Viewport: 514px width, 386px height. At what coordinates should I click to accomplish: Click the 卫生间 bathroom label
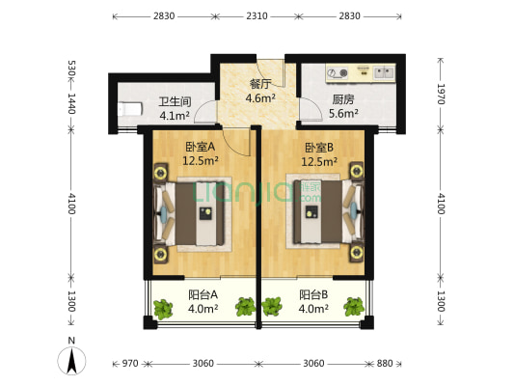pyautogui.click(x=175, y=101)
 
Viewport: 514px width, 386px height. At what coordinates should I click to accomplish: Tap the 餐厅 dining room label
pyautogui.click(x=260, y=84)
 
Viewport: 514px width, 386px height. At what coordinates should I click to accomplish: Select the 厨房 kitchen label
pyautogui.click(x=343, y=99)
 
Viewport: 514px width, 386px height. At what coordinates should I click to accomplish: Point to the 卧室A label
pyautogui.click(x=201, y=147)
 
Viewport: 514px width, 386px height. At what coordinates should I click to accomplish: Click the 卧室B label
pyautogui.click(x=319, y=148)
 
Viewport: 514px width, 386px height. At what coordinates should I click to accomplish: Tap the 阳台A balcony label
pyautogui.click(x=203, y=295)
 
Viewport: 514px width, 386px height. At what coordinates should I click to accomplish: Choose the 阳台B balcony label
pyautogui.click(x=313, y=295)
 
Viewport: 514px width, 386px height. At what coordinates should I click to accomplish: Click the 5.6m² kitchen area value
pyautogui.click(x=343, y=114)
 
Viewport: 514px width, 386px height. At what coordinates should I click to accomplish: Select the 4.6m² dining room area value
pyautogui.click(x=260, y=97)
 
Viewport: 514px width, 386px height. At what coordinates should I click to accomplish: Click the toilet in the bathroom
pyautogui.click(x=130, y=109)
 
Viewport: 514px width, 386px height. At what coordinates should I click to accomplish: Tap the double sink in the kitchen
pyautogui.click(x=384, y=72)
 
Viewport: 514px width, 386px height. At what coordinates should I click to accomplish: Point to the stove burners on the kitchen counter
pyautogui.click(x=338, y=72)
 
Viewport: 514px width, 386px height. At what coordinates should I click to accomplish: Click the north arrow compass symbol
pyautogui.click(x=71, y=360)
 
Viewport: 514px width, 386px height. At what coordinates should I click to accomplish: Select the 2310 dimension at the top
pyautogui.click(x=257, y=15)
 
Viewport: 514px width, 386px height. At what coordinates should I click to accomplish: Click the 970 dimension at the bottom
pyautogui.click(x=130, y=364)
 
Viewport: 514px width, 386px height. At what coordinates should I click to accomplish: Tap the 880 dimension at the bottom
pyautogui.click(x=385, y=364)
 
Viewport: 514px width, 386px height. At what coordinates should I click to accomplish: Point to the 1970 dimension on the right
pyautogui.click(x=442, y=95)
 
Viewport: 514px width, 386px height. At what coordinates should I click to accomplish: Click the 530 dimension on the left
pyautogui.click(x=71, y=68)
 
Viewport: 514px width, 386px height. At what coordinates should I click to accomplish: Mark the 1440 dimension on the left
pyautogui.click(x=71, y=103)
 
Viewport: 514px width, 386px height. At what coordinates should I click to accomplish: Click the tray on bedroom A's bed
pyautogui.click(x=205, y=213)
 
